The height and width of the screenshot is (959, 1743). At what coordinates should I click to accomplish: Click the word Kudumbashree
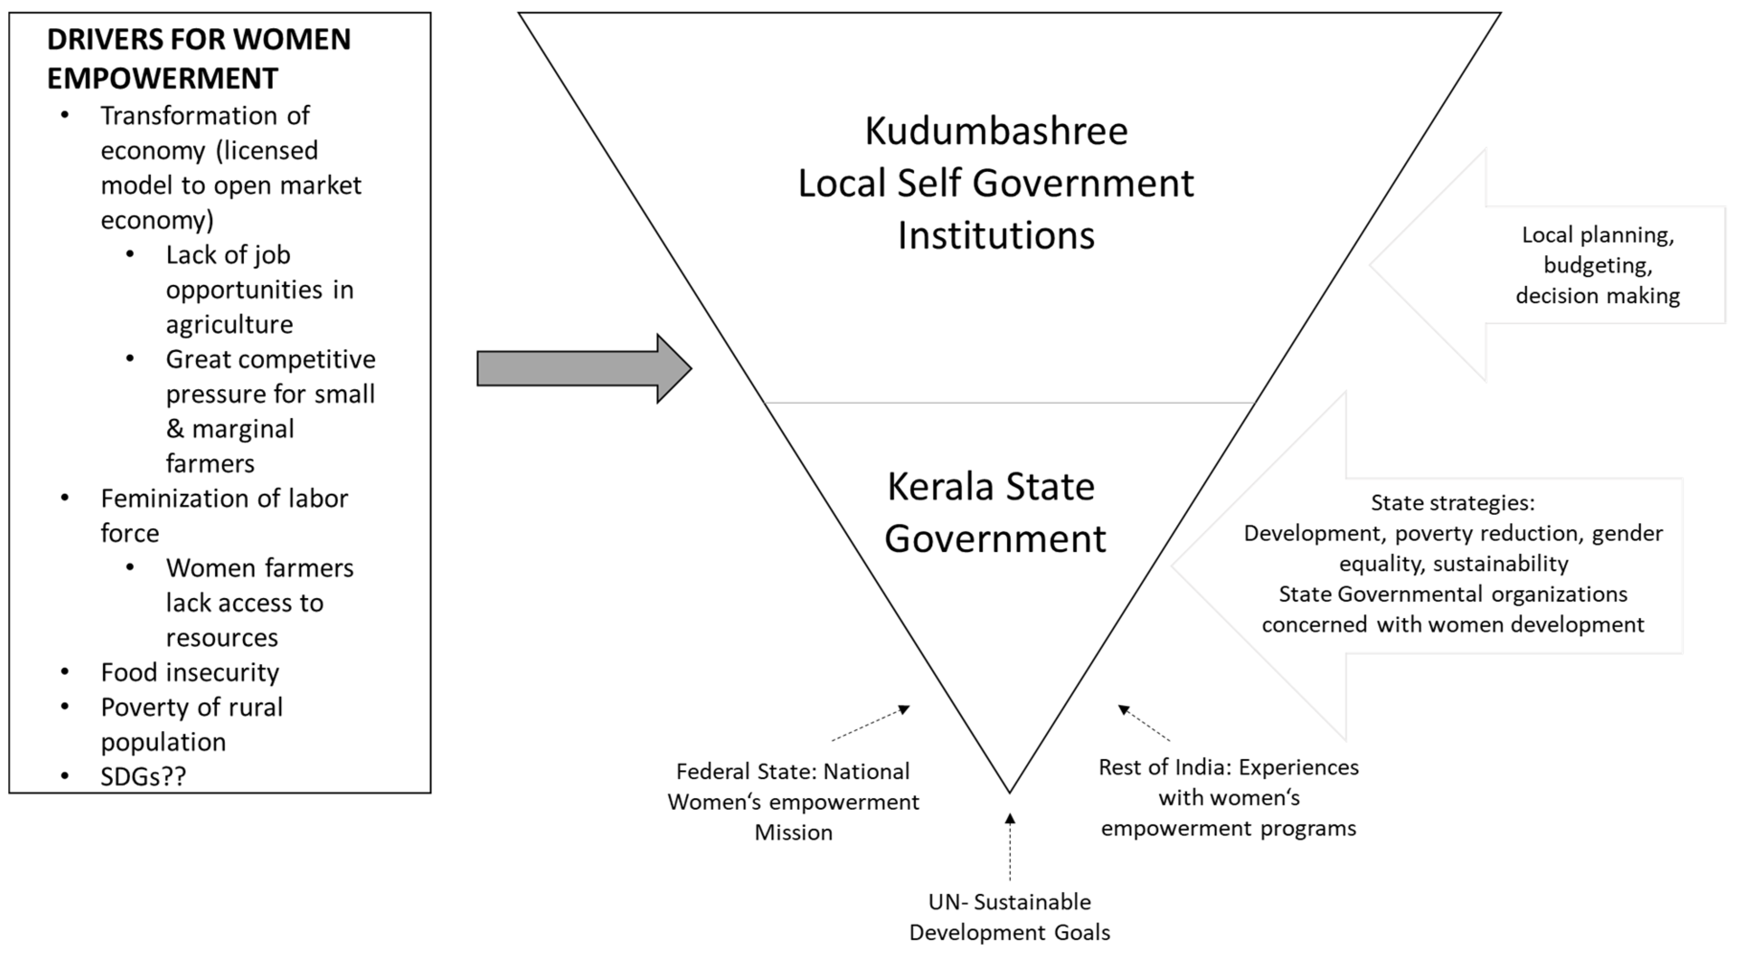pyautogui.click(x=996, y=131)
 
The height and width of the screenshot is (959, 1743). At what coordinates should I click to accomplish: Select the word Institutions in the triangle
pyautogui.click(x=996, y=236)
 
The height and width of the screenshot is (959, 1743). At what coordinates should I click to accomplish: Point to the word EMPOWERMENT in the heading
pyautogui.click(x=162, y=79)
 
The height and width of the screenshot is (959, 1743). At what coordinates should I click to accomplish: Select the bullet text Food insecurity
pyautogui.click(x=190, y=673)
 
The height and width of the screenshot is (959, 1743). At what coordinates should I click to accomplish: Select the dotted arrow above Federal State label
pyautogui.click(x=871, y=723)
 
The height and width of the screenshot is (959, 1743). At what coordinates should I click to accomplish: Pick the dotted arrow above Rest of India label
pyautogui.click(x=1144, y=723)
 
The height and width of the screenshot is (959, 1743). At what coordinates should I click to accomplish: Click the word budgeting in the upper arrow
pyautogui.click(x=1597, y=265)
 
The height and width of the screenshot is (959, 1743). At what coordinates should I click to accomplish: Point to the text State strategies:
pyautogui.click(x=1453, y=503)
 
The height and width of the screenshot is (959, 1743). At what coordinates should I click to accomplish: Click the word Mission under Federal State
pyautogui.click(x=794, y=833)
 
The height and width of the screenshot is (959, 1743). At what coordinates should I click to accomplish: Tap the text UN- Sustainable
pyautogui.click(x=1010, y=902)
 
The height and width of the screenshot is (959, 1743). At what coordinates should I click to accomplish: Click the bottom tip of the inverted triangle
pyautogui.click(x=1010, y=790)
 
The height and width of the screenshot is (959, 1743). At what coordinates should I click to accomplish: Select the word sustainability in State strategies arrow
pyautogui.click(x=1501, y=564)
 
